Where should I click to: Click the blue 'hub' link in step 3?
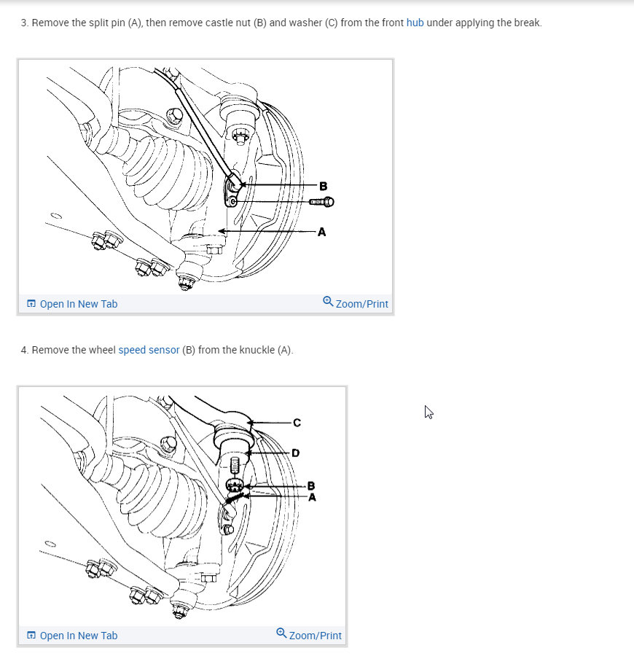point(415,23)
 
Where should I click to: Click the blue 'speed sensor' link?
point(149,350)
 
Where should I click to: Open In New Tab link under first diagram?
point(78,304)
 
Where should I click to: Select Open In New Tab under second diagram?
point(78,636)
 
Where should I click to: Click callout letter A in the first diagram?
point(321,232)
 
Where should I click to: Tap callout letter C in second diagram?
point(297,422)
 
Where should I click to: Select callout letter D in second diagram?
point(295,453)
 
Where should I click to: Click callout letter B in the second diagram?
point(311,485)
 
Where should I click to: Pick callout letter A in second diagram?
point(312,497)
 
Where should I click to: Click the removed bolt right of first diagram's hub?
point(321,201)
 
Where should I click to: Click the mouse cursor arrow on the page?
point(428,412)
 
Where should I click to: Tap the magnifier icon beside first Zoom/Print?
point(328,302)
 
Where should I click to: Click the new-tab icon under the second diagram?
point(31,636)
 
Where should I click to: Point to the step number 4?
point(24,350)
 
